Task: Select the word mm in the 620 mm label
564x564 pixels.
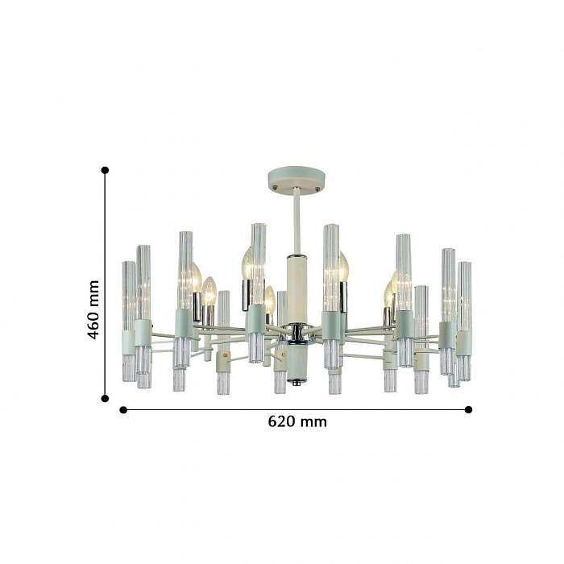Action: (314, 422)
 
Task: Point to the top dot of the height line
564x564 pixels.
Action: (105, 170)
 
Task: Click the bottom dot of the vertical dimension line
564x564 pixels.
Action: (105, 398)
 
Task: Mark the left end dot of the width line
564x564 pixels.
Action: (123, 409)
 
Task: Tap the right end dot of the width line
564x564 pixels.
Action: (468, 409)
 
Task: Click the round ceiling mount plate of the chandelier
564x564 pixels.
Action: (297, 180)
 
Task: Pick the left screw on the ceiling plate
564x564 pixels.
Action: (275, 188)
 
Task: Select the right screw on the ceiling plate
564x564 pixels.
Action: (317, 189)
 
